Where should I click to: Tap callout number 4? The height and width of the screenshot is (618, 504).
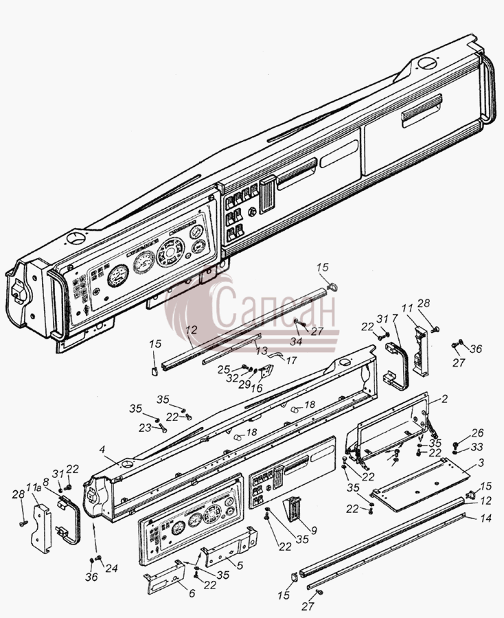tap(102, 449)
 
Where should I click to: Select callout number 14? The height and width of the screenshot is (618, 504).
tap(486, 518)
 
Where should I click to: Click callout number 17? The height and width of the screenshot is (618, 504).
tap(291, 360)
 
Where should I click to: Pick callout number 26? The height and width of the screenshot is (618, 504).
tap(477, 433)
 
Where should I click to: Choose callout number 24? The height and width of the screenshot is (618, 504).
tap(111, 568)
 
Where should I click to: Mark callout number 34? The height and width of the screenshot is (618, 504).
tap(296, 341)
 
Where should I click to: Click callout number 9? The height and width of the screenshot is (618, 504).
tap(314, 531)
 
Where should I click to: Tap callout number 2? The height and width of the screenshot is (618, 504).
tap(444, 399)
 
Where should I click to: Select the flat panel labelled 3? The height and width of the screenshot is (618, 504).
tap(420, 484)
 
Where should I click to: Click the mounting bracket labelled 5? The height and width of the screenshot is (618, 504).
tap(229, 547)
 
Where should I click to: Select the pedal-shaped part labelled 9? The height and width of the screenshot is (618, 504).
tap(294, 509)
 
